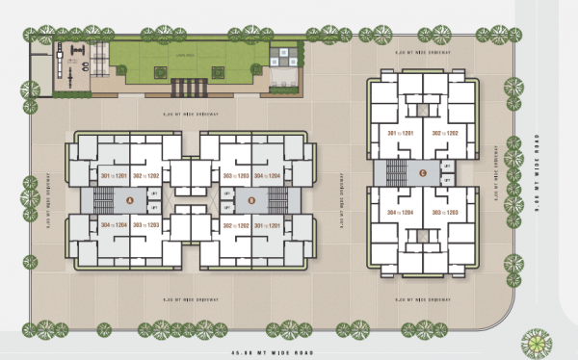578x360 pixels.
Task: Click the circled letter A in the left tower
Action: pos(129,200)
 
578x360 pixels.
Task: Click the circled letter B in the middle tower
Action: pos(251,200)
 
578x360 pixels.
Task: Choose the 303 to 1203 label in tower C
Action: pos(444,212)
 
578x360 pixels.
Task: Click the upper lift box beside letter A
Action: pos(154,193)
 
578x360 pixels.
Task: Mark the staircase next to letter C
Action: pos(396,173)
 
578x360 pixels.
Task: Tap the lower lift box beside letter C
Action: pos(447,180)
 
